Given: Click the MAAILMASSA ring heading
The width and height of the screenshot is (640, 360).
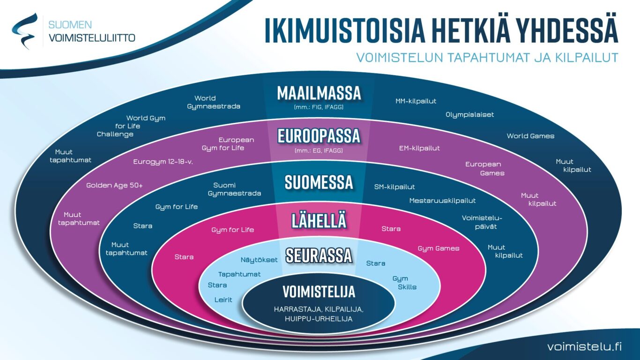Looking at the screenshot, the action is pos(319,93).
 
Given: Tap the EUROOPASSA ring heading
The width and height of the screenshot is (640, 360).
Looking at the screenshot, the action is pos(319,136).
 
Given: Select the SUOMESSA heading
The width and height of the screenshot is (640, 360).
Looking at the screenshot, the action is pos(319,182).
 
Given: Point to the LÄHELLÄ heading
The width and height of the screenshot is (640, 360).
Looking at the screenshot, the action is pos(319,220).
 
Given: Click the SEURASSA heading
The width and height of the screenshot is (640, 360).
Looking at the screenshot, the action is pos(319,255).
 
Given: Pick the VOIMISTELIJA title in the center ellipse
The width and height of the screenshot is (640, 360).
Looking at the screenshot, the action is pos(319,292).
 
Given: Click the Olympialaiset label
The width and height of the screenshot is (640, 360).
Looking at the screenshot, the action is pos(470,115).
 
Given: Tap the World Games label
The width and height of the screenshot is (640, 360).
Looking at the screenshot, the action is pos(530,136).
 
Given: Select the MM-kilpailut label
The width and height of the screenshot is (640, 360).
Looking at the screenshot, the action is pos(416,101).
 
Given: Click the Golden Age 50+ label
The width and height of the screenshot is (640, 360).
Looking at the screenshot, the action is pos(114,186).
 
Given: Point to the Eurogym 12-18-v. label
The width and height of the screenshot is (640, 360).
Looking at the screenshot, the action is pos(163,162).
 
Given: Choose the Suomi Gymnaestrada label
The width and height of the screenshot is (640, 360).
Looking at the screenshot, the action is pos(234,189).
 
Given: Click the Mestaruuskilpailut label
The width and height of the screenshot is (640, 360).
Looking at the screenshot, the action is pos(443,201).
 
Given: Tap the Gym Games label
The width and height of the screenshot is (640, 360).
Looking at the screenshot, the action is pos(439,248).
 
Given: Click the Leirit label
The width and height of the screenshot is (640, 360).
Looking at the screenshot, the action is pos(223,300).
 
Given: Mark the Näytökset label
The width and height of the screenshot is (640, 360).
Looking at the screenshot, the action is pos(259,260).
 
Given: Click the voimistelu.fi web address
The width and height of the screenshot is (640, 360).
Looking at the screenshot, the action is pos(585,346).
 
